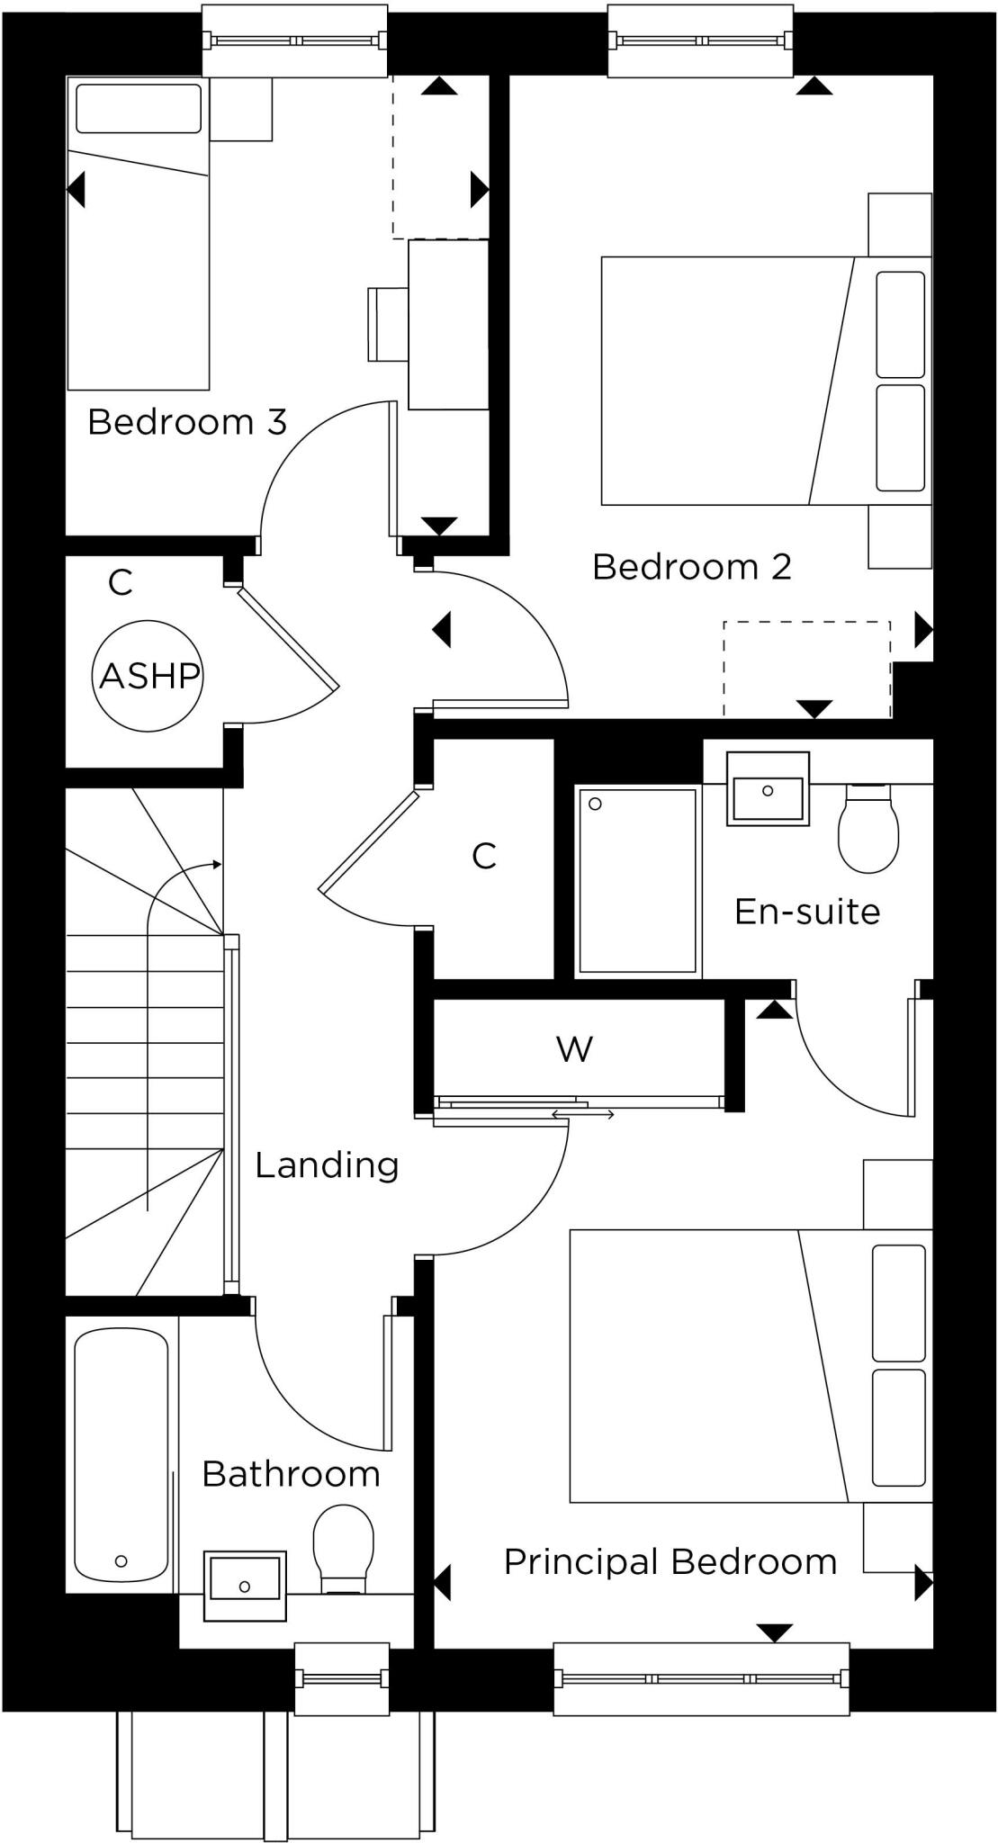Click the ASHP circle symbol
(x=148, y=675)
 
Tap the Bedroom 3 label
(x=187, y=421)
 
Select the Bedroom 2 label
(x=692, y=567)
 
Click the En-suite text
(x=807, y=912)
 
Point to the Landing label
(x=327, y=1164)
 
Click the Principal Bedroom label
(x=670, y=1561)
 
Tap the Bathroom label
(x=291, y=1474)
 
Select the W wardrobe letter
(x=574, y=1048)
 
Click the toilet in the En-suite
(x=868, y=829)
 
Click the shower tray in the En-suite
(x=638, y=881)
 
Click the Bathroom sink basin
(x=245, y=1585)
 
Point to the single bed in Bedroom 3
(x=139, y=234)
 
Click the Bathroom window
(x=342, y=1678)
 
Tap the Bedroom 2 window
(x=700, y=40)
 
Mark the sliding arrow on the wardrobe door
(x=583, y=1115)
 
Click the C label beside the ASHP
(x=120, y=582)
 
